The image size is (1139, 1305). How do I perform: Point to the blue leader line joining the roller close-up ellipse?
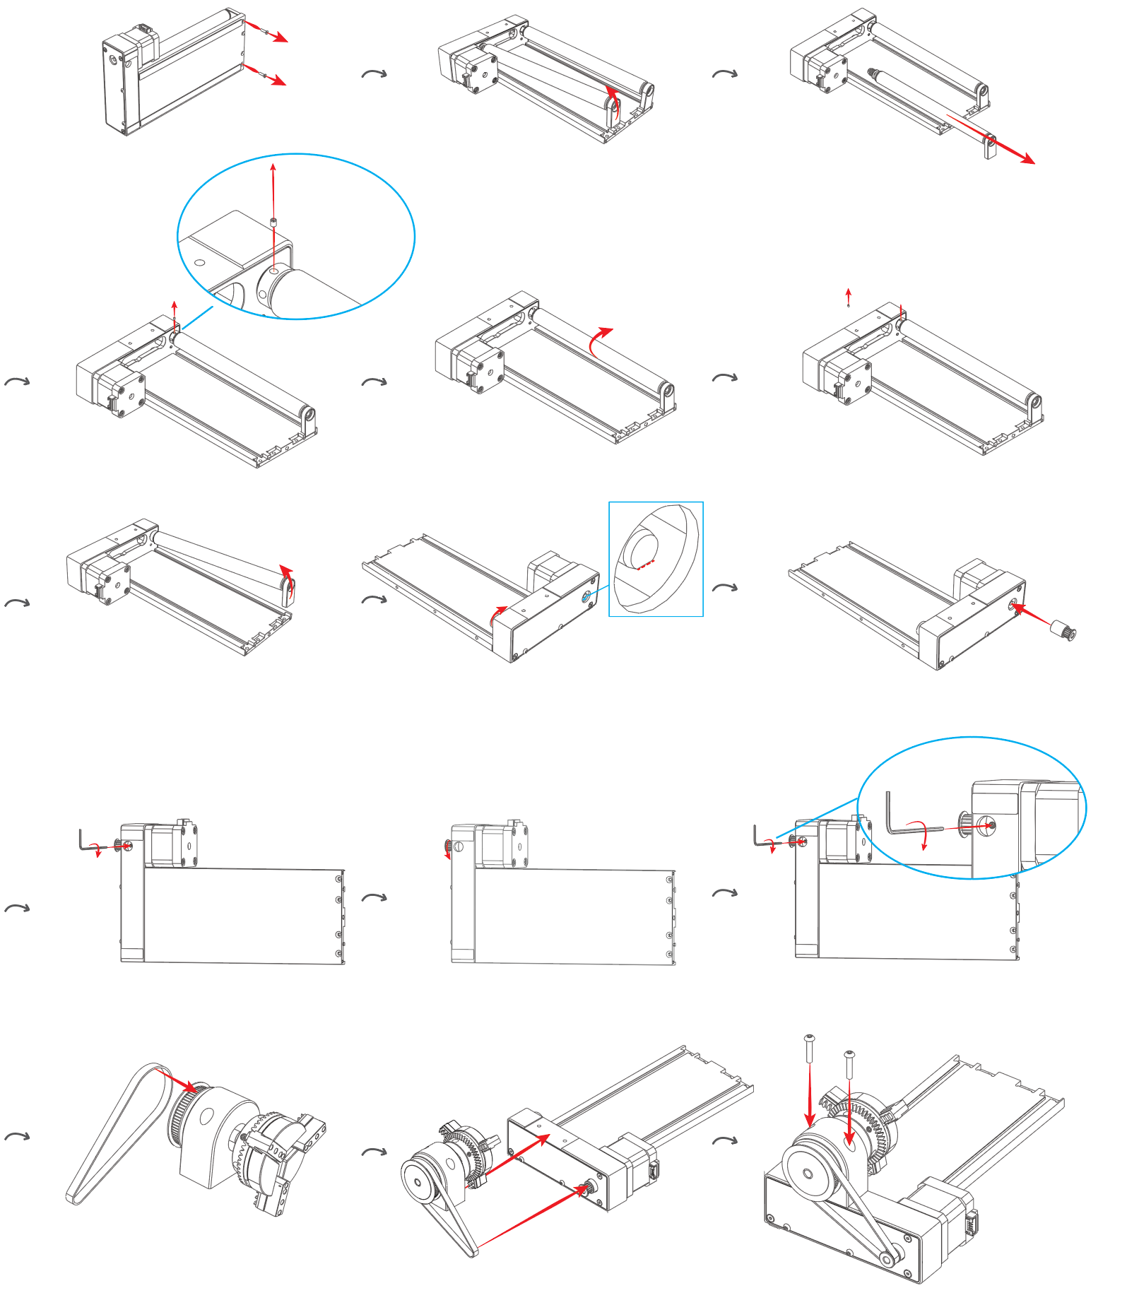point(198,318)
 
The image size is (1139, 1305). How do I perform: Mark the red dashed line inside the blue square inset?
point(645,564)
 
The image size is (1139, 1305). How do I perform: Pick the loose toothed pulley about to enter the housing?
point(1063,629)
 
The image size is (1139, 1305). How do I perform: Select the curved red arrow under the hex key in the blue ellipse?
point(921,834)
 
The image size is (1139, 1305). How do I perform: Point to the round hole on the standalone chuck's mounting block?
point(207,1116)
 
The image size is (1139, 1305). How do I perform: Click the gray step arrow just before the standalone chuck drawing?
point(18,1137)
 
